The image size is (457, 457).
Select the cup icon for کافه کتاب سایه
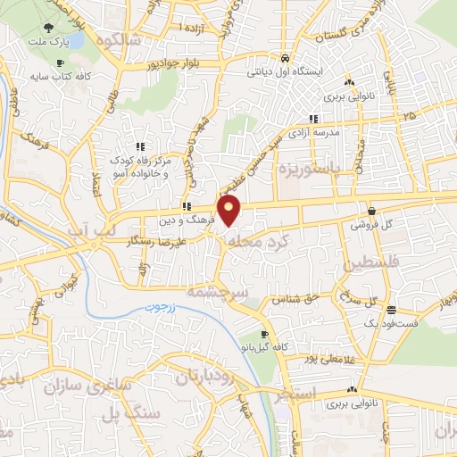60,63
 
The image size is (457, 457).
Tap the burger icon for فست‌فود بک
392,310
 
